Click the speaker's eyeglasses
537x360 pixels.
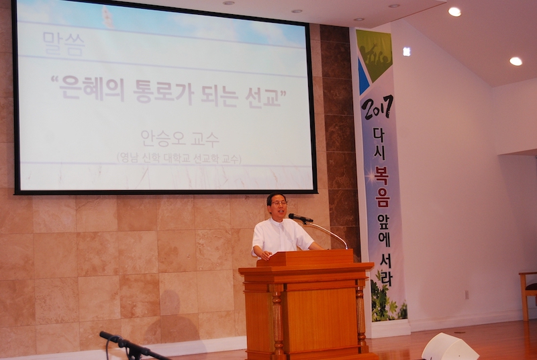pos(278,203)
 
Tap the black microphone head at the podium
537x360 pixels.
pos(300,218)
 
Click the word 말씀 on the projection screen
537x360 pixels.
pos(64,44)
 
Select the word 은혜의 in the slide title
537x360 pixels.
pos(91,88)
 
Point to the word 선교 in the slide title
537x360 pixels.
pos(261,97)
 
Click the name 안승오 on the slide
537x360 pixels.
pos(160,138)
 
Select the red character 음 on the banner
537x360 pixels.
pos(382,198)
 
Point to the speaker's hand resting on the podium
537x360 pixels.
pos(264,255)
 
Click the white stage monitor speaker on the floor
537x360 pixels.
pos(449,347)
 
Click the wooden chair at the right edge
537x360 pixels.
pos(528,296)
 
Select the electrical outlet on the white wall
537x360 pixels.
pos(466,294)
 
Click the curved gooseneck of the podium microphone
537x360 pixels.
pos(328,232)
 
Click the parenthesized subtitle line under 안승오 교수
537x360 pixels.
pos(179,158)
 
